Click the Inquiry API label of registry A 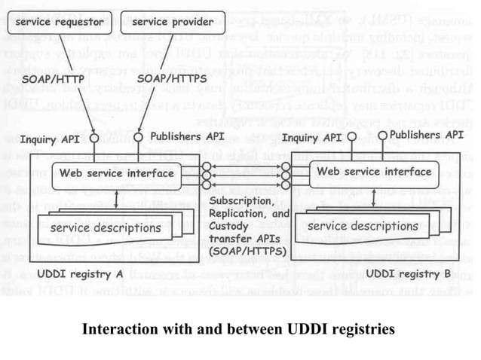coord(49,139)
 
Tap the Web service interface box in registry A coord(116,172)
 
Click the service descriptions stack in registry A coord(106,227)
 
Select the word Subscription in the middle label coord(242,203)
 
